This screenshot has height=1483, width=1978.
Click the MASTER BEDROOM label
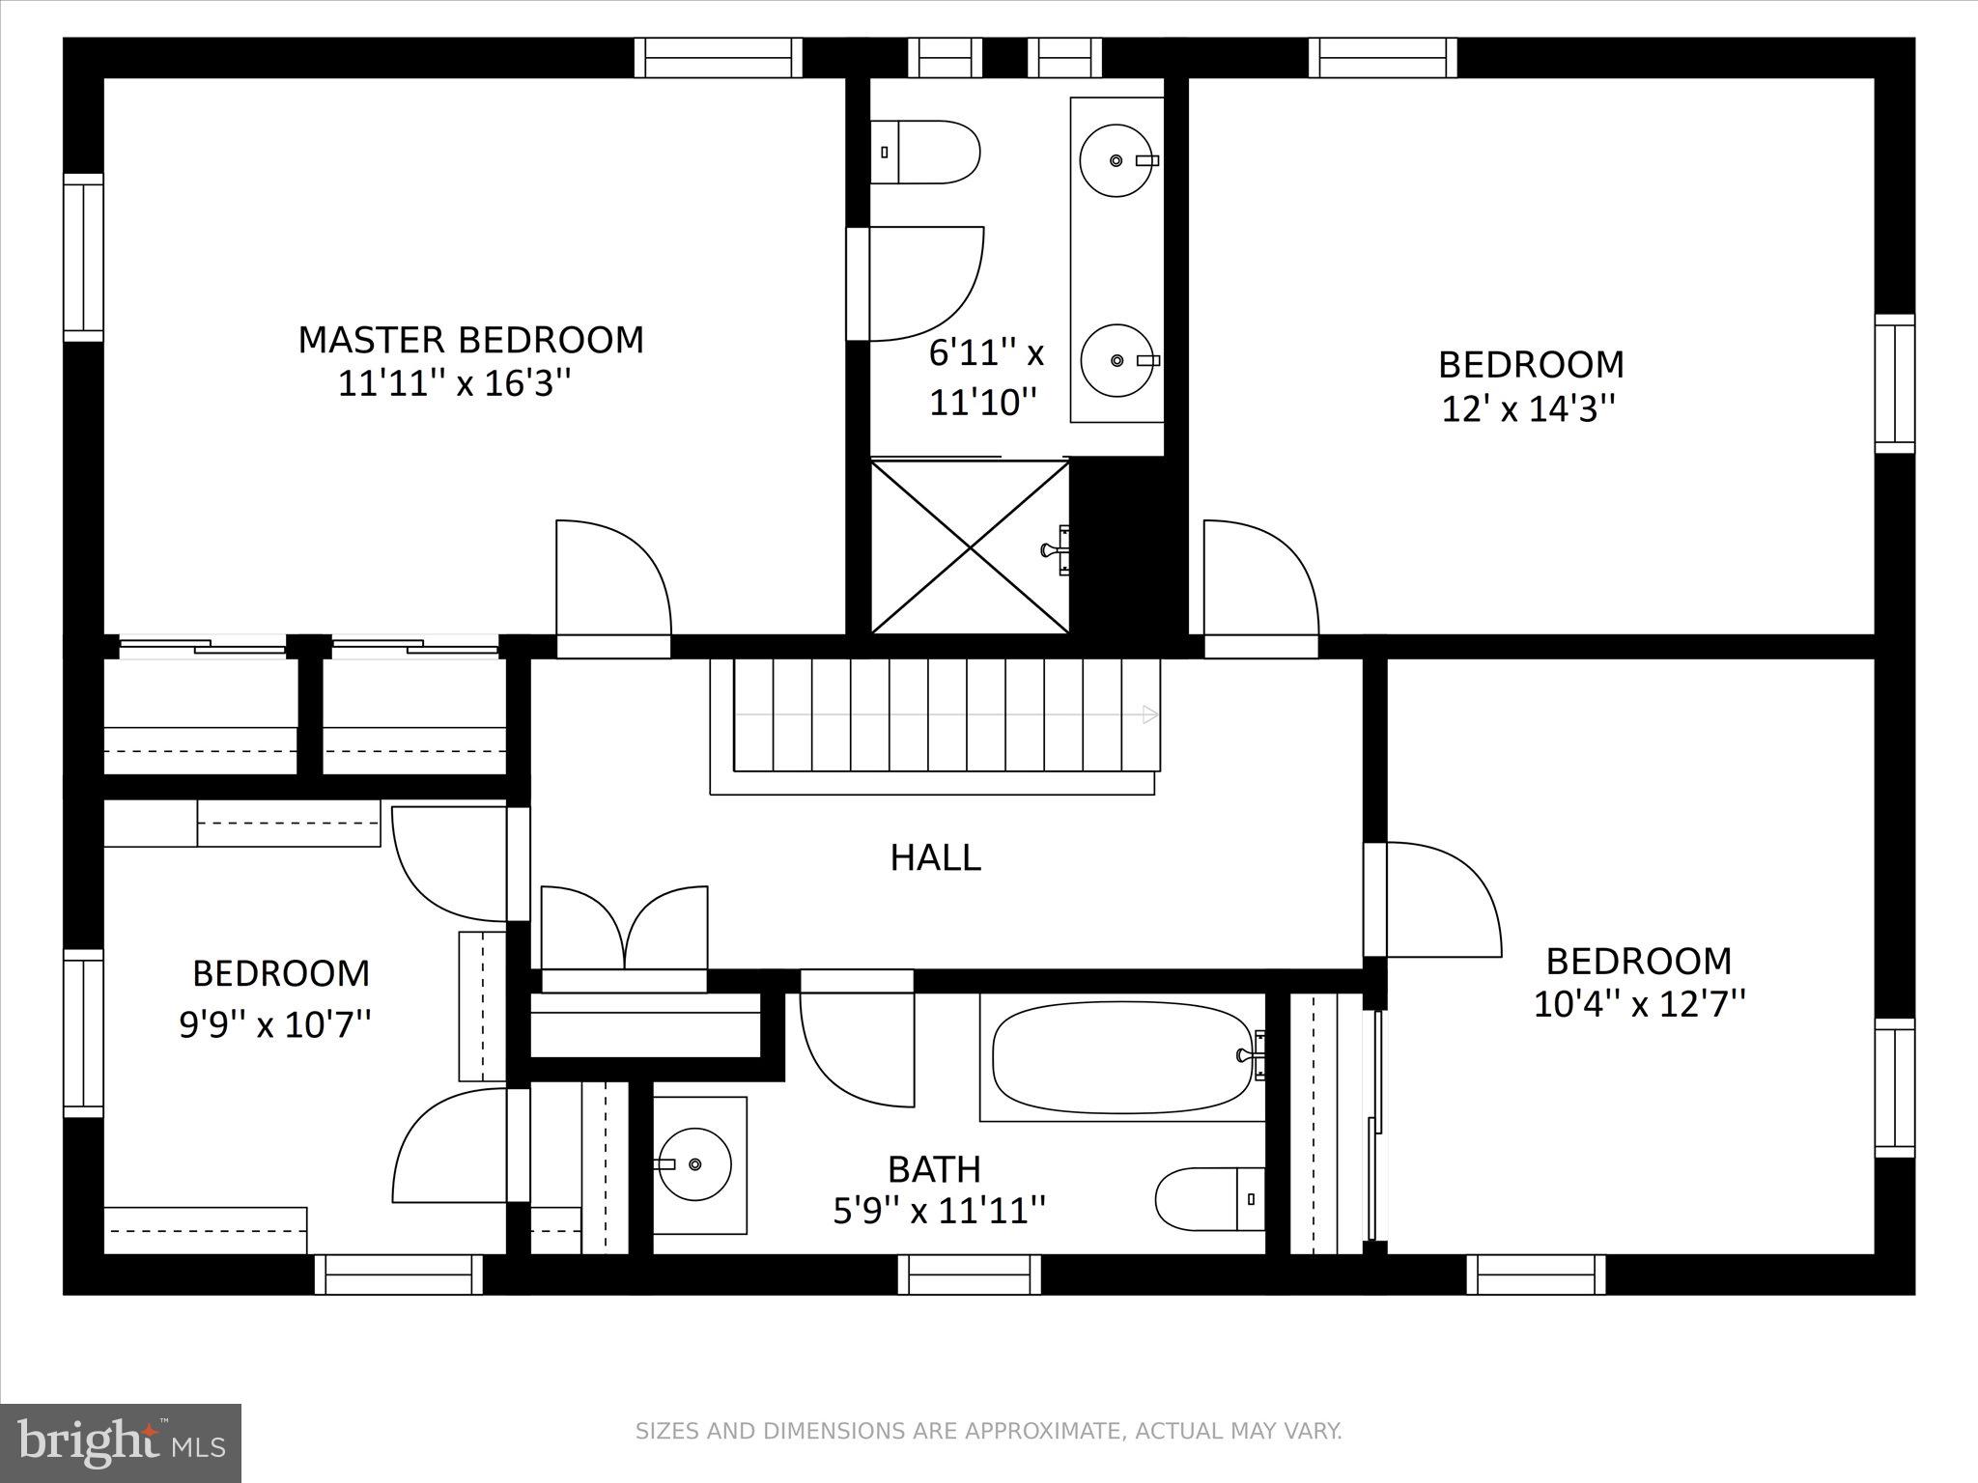click(x=470, y=340)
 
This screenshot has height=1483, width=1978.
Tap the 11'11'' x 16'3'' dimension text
click(x=455, y=383)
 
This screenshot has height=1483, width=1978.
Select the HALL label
click(x=935, y=857)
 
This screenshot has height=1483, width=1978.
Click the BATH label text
click(x=934, y=1169)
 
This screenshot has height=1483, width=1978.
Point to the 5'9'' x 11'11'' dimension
click(x=939, y=1210)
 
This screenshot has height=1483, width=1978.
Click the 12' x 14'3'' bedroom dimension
click(x=1528, y=408)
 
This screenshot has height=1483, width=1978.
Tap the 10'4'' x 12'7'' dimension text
click(x=1639, y=1003)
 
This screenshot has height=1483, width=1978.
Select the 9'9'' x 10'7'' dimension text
click(x=275, y=1022)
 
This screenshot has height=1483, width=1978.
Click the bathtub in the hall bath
click(x=1122, y=1057)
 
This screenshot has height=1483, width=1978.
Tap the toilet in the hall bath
click(x=1210, y=1199)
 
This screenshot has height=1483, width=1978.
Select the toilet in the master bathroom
click(x=924, y=152)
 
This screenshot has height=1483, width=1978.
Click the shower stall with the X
click(x=970, y=547)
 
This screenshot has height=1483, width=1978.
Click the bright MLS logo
click(x=121, y=1443)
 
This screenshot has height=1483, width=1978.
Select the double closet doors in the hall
click(x=624, y=928)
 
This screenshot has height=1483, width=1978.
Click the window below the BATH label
click(x=970, y=1274)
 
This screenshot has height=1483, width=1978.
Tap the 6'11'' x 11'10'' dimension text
click(x=985, y=378)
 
